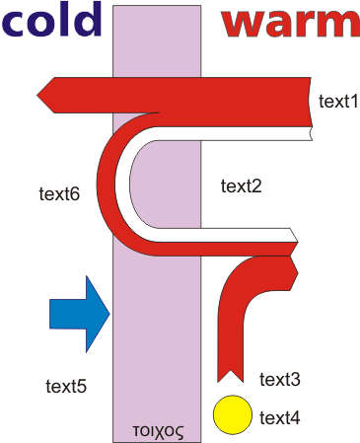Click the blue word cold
[x=51, y=20]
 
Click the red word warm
[x=291, y=23]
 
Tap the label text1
[x=338, y=101]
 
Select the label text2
[x=241, y=186]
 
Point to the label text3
[x=280, y=380]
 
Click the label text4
[x=280, y=418]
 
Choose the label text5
[x=66, y=386]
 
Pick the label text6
[x=59, y=194]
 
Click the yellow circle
[x=233, y=414]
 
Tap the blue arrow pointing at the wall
[x=80, y=314]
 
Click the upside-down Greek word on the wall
[x=158, y=431]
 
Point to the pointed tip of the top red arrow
[x=37, y=95]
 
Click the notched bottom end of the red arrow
[x=230, y=376]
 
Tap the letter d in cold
[x=89, y=20]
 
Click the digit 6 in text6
[x=76, y=194]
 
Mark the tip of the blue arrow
[x=109, y=314]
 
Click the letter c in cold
[x=13, y=25]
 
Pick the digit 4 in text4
[x=296, y=418]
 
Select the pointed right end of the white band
[x=298, y=243]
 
